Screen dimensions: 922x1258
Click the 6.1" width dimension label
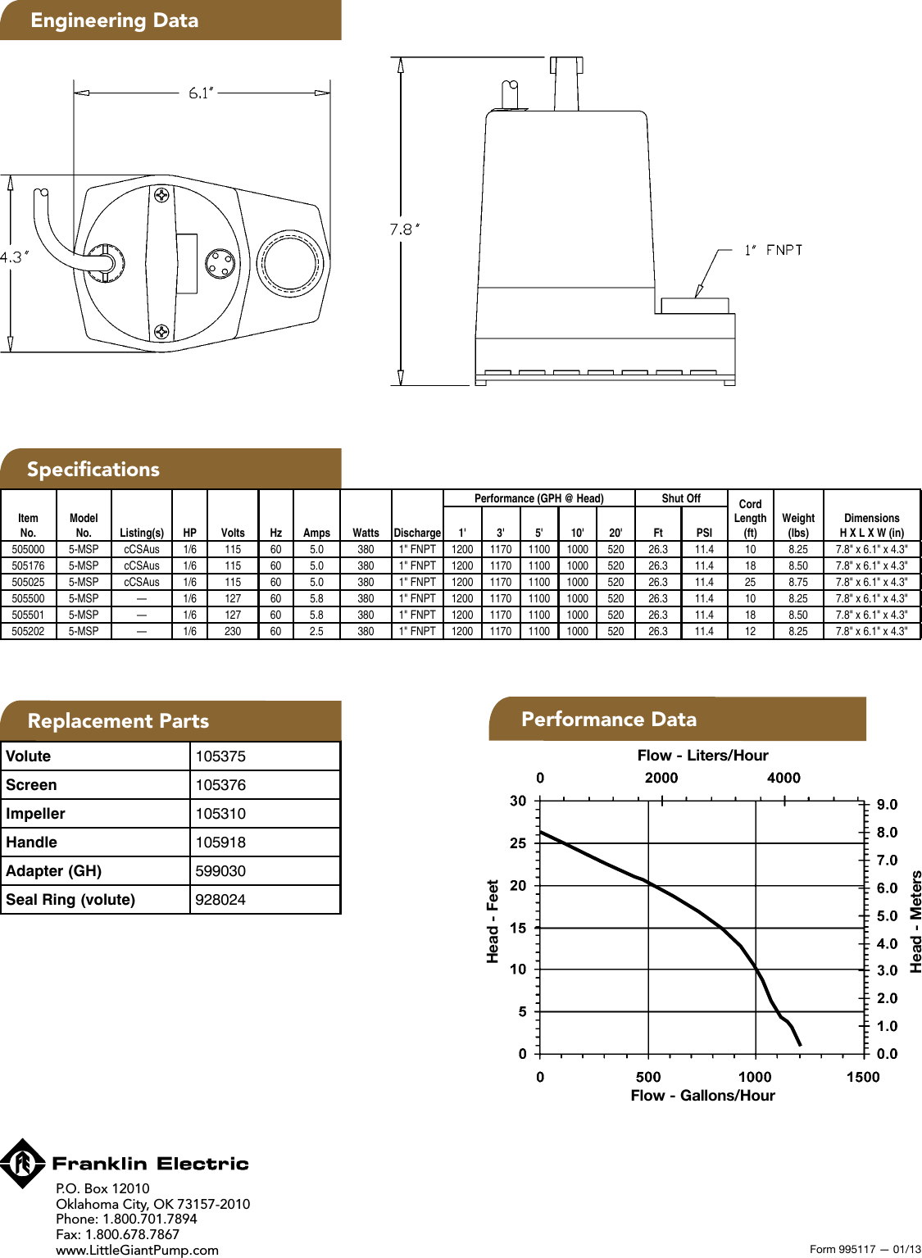click(202, 93)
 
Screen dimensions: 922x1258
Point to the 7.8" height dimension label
click(405, 229)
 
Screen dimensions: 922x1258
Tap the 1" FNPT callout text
click(773, 250)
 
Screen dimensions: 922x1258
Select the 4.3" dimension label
click(14, 257)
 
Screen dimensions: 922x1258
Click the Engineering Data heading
click(115, 20)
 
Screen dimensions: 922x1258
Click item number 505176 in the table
click(28, 565)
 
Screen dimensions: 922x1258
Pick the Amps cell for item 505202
click(316, 631)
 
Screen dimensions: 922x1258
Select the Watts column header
click(366, 533)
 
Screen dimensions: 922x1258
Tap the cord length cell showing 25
click(750, 582)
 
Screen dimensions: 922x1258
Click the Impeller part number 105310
click(220, 813)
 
